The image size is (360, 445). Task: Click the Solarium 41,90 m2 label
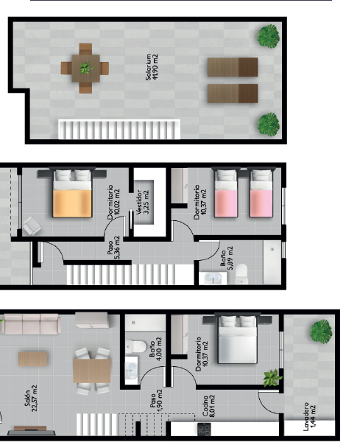(x=152, y=67)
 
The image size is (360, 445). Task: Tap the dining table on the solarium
(x=85, y=68)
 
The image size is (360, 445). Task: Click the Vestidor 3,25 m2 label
(x=142, y=202)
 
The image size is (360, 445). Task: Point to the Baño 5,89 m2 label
(x=227, y=258)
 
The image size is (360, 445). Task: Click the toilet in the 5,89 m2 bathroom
(x=241, y=273)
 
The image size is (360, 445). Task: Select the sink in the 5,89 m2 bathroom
(x=213, y=278)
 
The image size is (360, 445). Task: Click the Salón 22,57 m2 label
(x=31, y=398)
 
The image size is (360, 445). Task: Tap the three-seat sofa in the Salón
(x=31, y=324)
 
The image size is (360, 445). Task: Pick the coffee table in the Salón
(x=33, y=359)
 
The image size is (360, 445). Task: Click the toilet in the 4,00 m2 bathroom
(x=136, y=346)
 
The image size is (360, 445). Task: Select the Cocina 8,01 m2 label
(x=208, y=406)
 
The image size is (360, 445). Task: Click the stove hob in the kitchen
(x=204, y=429)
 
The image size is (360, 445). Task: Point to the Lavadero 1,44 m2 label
(x=309, y=416)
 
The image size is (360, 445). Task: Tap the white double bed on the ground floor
(x=238, y=339)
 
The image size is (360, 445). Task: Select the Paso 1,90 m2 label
(x=156, y=402)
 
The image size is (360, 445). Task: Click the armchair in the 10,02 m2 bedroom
(x=32, y=226)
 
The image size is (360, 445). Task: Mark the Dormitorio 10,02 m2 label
(x=114, y=202)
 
